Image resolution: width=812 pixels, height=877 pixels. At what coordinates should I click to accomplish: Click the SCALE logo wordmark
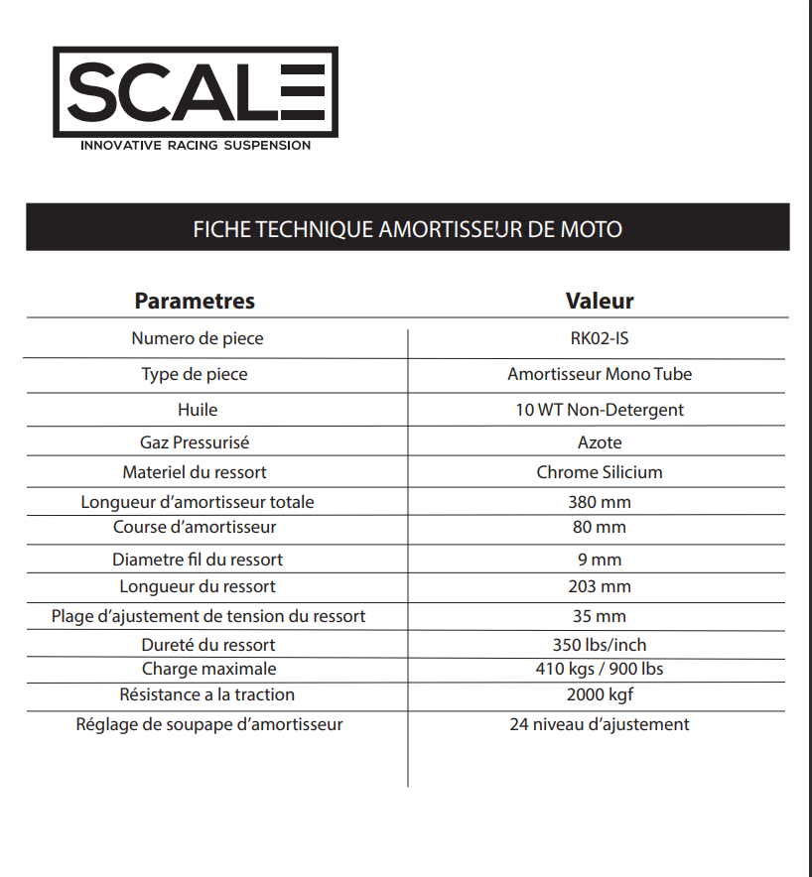[196, 91]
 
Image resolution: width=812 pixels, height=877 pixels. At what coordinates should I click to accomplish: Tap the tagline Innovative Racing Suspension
[196, 145]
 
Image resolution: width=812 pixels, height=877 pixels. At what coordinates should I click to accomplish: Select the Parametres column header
[195, 301]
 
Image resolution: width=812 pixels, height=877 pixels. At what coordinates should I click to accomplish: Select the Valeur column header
[600, 301]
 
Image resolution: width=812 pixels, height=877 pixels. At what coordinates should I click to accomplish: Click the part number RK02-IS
[600, 338]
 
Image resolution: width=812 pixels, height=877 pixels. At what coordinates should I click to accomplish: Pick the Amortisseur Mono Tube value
[600, 374]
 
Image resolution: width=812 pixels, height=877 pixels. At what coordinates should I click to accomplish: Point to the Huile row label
[198, 409]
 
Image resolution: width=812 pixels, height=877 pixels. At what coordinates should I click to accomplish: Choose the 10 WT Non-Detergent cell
[600, 410]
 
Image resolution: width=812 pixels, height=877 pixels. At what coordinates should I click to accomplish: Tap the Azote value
[600, 442]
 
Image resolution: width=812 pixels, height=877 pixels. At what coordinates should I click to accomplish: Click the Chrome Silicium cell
[600, 472]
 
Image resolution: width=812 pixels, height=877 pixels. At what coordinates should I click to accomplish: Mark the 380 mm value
[600, 502]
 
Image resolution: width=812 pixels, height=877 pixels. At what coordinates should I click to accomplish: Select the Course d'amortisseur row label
[195, 527]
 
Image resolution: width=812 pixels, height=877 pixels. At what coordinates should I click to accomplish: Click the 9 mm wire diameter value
[600, 560]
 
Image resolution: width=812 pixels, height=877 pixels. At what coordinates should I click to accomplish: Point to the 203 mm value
[600, 586]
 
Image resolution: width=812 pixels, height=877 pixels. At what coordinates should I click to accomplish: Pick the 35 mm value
[600, 616]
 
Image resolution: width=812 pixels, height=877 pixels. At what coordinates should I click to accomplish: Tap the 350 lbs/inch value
[600, 645]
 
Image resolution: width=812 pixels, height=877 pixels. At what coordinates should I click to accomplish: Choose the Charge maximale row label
[208, 669]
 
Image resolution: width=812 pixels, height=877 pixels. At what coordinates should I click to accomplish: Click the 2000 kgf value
[600, 694]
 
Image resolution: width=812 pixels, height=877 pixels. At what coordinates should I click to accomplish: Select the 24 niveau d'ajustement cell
[600, 724]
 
